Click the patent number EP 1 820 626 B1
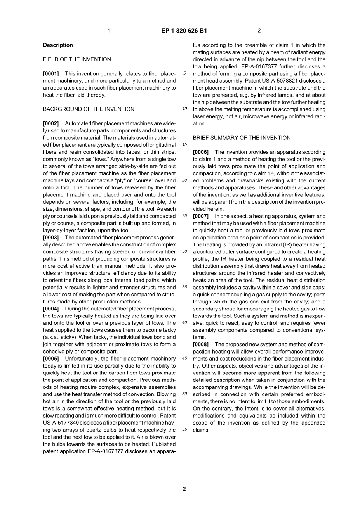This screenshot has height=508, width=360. [184, 31]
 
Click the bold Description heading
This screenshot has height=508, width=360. [58, 45]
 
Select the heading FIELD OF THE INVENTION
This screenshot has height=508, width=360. [77, 59]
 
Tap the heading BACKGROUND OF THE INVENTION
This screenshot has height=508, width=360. [89, 109]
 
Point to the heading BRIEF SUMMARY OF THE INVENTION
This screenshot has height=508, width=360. [242, 138]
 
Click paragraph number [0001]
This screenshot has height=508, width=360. [51, 74]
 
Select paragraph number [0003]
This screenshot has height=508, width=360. [51, 238]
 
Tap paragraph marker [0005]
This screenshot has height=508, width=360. [51, 359]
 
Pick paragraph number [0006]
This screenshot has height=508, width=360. [201, 152]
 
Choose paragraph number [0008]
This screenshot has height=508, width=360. [201, 344]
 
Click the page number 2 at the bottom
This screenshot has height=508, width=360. [184, 489]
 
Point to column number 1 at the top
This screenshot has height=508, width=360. [109, 31]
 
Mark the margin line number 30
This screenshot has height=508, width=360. [184, 251]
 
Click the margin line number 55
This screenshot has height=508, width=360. [184, 430]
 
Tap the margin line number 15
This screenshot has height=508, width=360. [184, 145]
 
